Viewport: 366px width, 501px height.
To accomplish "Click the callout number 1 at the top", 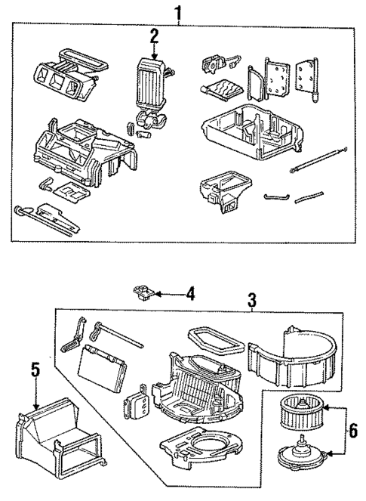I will [179, 13].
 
